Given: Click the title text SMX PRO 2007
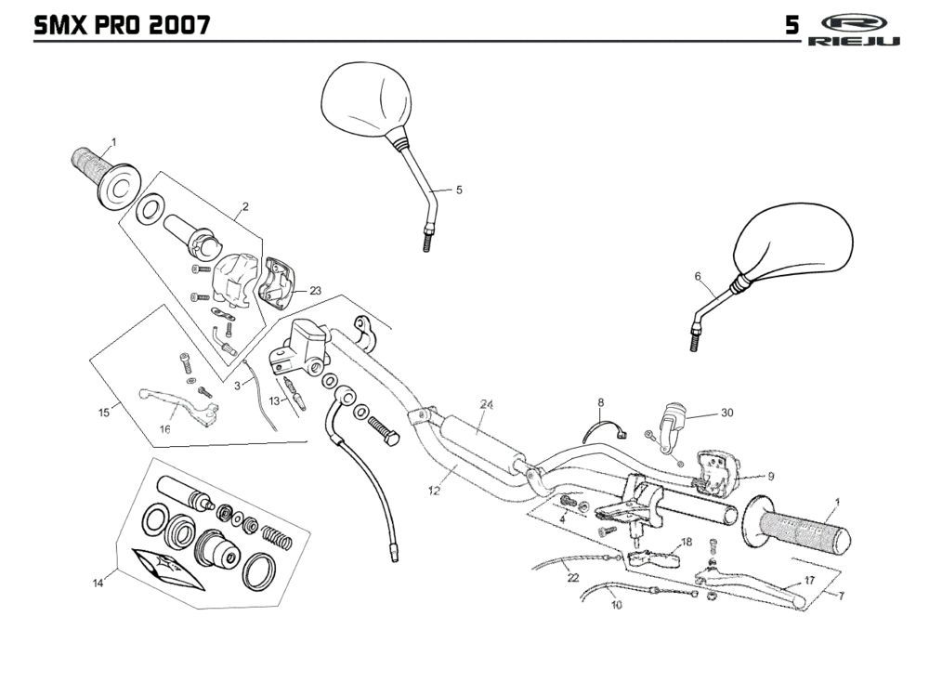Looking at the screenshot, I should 121,24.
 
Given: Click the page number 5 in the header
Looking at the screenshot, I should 792,25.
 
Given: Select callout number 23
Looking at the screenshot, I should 315,290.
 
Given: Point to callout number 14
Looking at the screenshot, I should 98,583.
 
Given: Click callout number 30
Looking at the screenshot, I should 726,413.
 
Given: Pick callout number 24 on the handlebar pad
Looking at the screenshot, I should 486,404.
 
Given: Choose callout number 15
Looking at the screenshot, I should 104,410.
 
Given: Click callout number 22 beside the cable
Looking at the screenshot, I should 572,577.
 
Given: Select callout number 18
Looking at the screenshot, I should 687,542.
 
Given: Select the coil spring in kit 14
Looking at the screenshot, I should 276,536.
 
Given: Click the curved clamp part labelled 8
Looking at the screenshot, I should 607,430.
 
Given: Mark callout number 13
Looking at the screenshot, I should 249,400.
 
